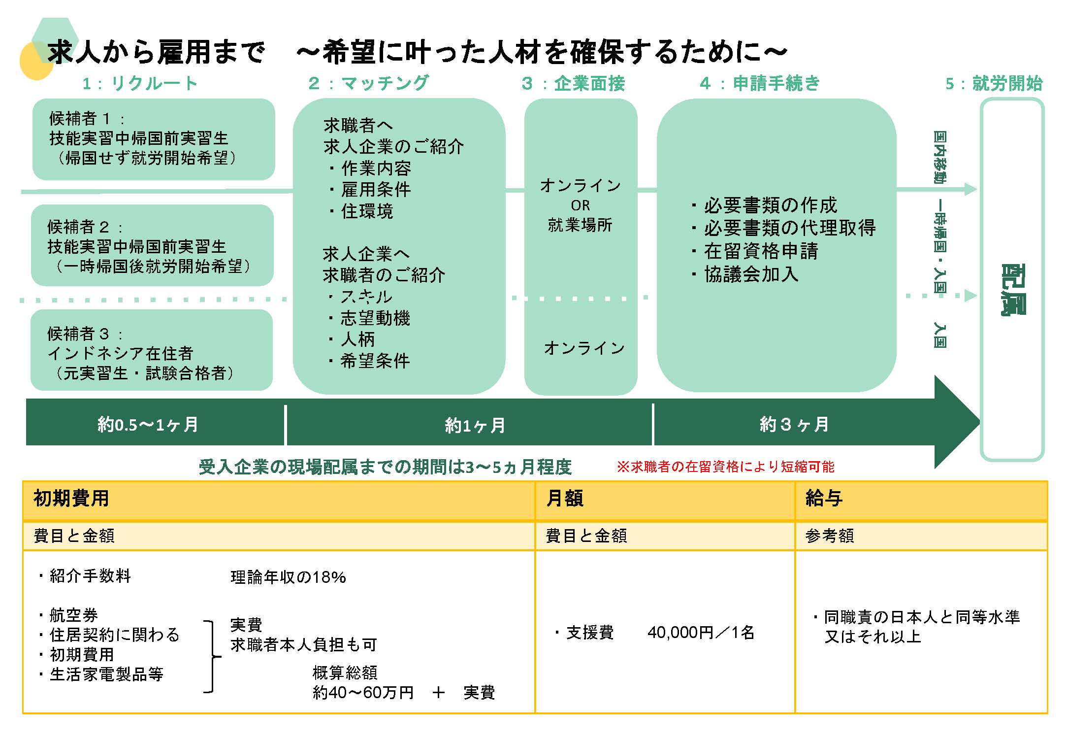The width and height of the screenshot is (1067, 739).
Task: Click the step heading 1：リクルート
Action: point(140,83)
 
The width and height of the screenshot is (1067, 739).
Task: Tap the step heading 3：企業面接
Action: point(573,84)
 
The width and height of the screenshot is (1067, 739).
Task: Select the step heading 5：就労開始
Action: point(994,84)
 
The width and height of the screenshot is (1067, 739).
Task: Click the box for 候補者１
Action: point(153,139)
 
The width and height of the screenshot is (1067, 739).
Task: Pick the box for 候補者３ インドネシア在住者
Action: point(151,350)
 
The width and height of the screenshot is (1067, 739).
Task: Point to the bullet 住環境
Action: point(366,211)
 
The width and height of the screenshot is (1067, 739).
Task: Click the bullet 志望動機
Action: point(375,318)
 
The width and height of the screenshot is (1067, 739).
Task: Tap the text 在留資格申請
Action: point(760,251)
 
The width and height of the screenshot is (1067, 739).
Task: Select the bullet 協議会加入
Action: point(750,274)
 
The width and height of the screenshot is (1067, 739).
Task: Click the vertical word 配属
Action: point(1012,290)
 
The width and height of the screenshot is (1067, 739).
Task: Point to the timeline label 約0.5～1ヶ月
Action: point(148,425)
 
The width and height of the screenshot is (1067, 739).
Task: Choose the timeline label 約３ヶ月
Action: point(794,425)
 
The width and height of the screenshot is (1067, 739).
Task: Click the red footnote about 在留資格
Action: point(725,467)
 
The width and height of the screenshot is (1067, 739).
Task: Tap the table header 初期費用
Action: point(71,499)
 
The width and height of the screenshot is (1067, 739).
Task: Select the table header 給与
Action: point(824,499)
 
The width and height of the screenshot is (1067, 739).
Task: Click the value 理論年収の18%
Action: point(288,577)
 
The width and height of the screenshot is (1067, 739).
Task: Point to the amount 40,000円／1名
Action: point(701,633)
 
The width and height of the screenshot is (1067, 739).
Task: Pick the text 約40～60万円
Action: point(363,693)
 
